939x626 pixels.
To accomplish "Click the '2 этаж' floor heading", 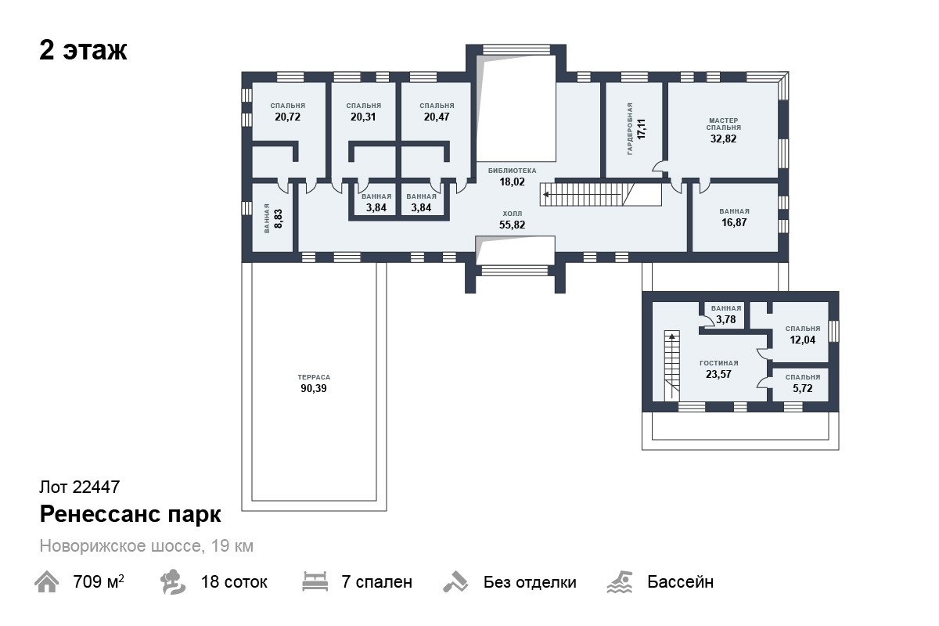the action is tap(83, 50).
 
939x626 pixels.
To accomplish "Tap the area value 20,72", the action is tap(288, 117).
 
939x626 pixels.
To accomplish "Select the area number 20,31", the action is tap(363, 117).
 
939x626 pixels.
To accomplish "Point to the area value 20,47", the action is tap(437, 117).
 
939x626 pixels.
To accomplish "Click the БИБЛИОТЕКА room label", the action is tap(512, 171).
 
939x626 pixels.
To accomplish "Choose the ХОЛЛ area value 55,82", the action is tap(512, 225).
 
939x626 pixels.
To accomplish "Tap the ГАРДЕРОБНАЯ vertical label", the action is tap(630, 129).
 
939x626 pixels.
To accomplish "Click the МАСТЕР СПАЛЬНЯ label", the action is tap(723, 124).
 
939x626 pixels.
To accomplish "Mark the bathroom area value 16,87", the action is tap(734, 223).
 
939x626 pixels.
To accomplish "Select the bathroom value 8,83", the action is tap(278, 218).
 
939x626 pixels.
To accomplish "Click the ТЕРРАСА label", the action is tap(314, 377).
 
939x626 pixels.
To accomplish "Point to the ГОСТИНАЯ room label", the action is tap(719, 363).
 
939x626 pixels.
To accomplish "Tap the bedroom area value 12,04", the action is tap(802, 340).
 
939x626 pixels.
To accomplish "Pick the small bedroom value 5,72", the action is tap(802, 389).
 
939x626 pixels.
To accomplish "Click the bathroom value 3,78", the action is tap(725, 319).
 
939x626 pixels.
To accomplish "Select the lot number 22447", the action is tap(96, 487).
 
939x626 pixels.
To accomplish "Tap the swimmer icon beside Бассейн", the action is tap(620, 582).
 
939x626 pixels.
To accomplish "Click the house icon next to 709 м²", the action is tap(46, 582).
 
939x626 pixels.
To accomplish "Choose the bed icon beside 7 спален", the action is tap(315, 581).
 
